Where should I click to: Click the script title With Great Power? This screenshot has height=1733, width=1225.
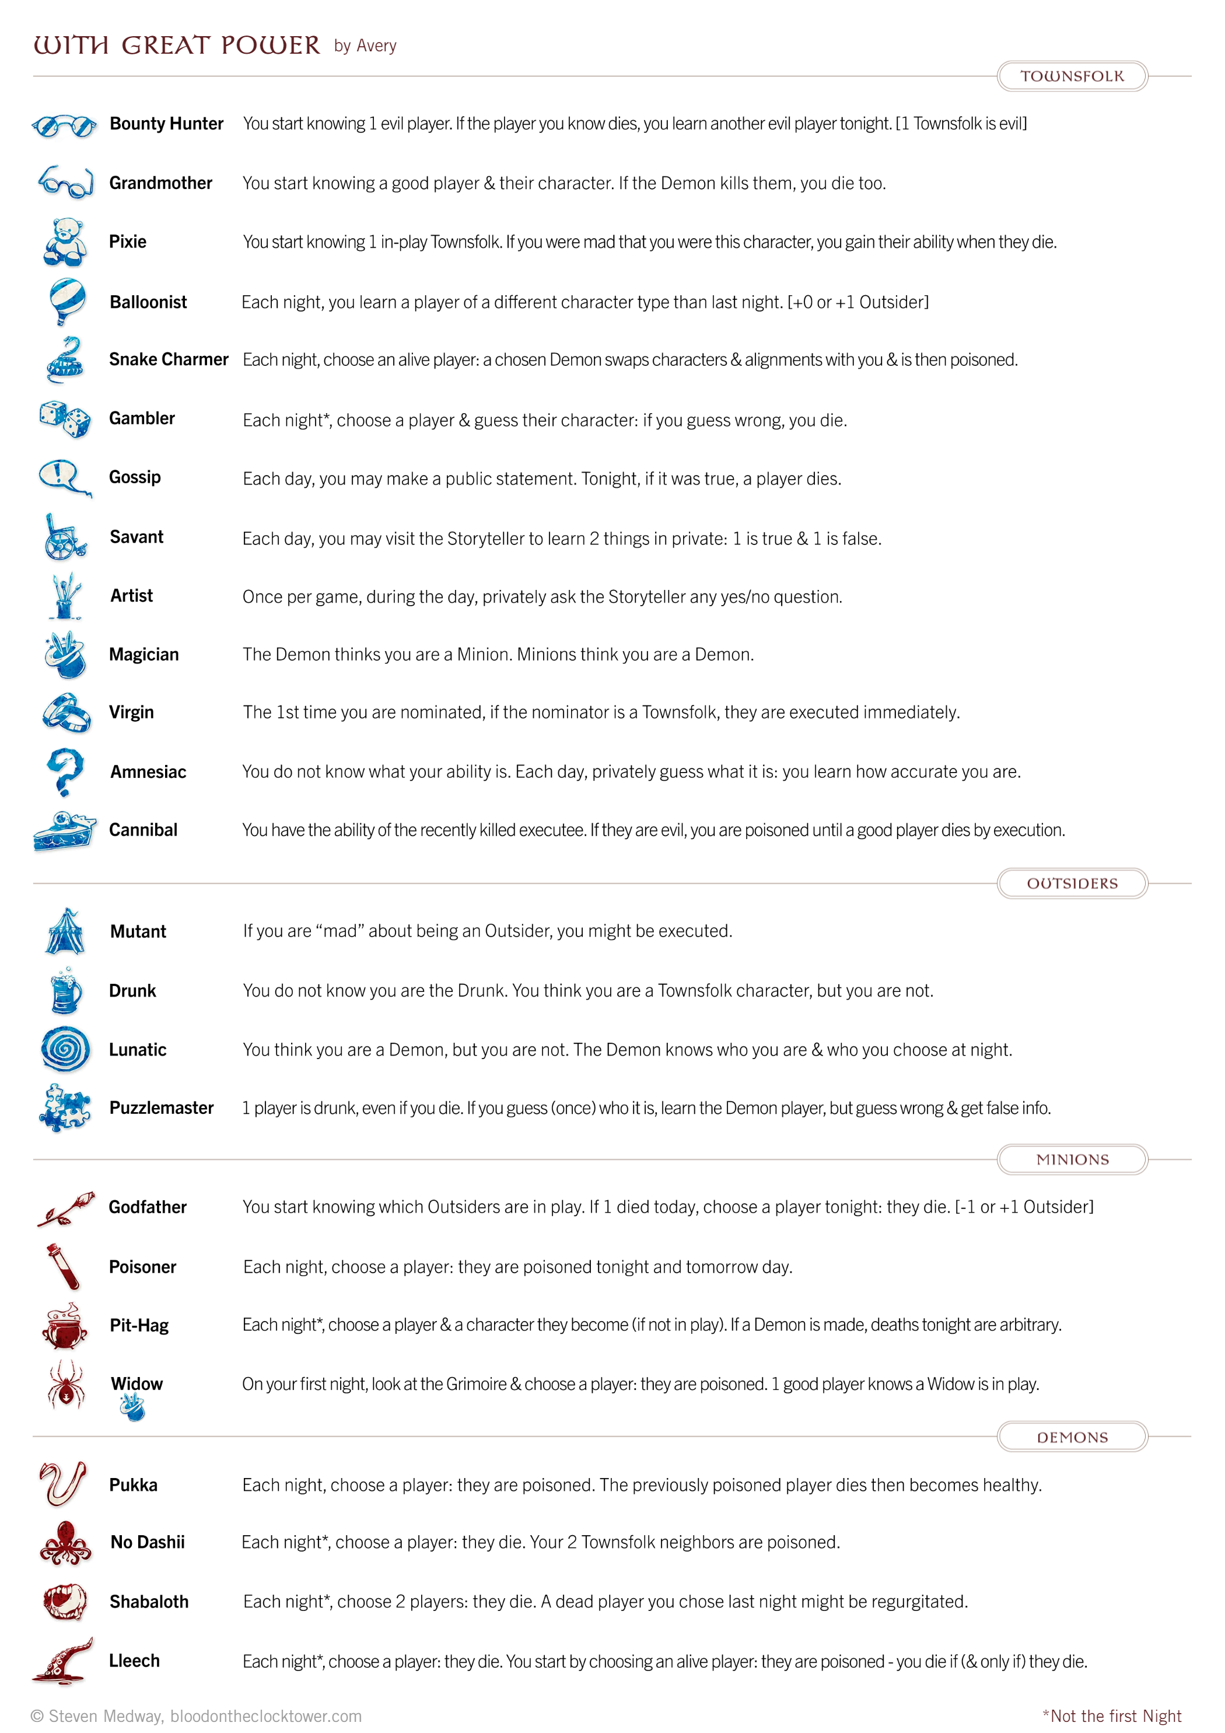pyautogui.click(x=177, y=46)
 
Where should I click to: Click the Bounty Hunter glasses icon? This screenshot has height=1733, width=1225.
pyautogui.click(x=64, y=125)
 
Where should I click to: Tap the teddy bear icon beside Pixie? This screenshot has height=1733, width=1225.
pyautogui.click(x=65, y=242)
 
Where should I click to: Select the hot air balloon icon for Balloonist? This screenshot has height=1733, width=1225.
pyautogui.click(x=66, y=301)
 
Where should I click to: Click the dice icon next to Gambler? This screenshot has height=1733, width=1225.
pyautogui.click(x=65, y=419)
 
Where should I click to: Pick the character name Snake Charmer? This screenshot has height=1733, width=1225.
pyautogui.click(x=169, y=359)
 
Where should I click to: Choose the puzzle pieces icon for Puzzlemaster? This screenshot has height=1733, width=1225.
pyautogui.click(x=65, y=1107)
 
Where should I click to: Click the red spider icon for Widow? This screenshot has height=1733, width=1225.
pyautogui.click(x=66, y=1383)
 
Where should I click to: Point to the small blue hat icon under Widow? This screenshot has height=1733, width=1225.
pyautogui.click(x=132, y=1407)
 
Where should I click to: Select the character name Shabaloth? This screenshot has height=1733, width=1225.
pyautogui.click(x=149, y=1602)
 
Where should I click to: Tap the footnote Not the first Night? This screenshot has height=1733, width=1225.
pyautogui.click(x=1111, y=1715)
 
